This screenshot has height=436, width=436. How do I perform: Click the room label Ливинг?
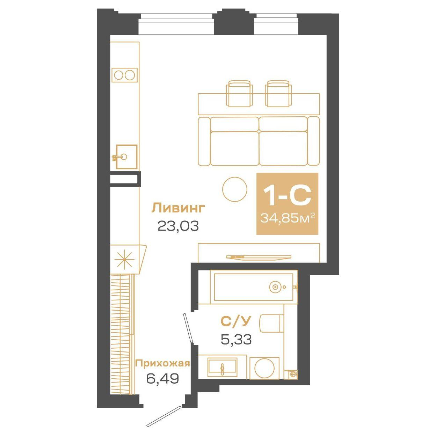(178, 208)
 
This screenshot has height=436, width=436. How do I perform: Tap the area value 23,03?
(178, 226)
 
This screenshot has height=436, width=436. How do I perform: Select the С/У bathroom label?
(236, 321)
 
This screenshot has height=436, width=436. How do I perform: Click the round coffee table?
(235, 189)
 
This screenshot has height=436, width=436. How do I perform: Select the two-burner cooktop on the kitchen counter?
(124, 75)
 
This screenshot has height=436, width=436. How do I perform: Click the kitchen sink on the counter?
(126, 157)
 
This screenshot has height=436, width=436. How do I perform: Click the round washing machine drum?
(264, 368)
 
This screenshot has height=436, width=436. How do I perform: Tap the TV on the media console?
(259, 257)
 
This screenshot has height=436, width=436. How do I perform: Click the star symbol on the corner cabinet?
(125, 260)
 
